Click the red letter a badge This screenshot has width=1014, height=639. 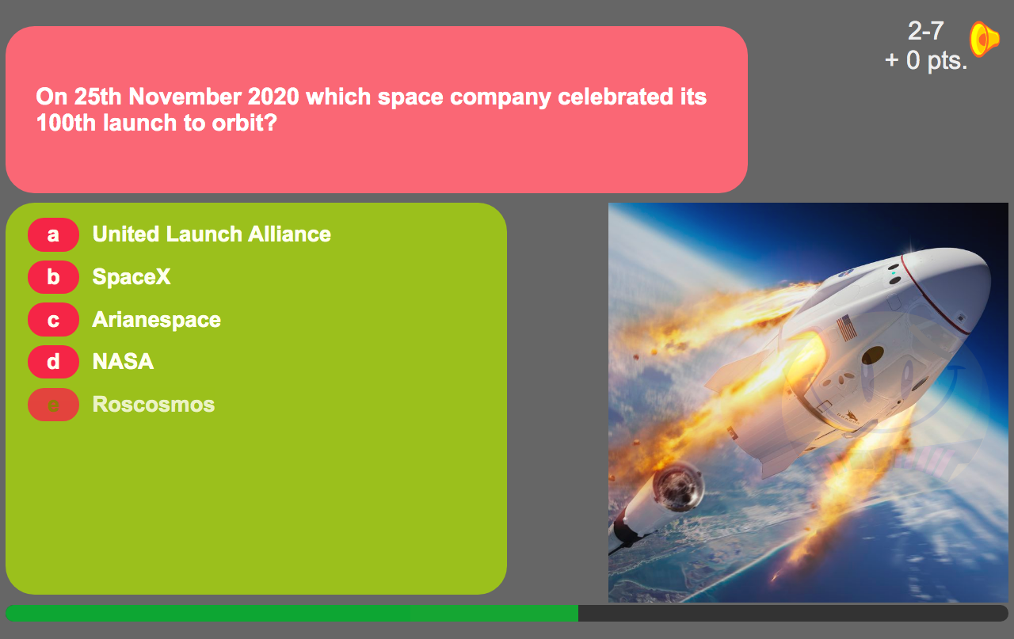pyautogui.click(x=53, y=234)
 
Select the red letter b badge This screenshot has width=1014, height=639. pyautogui.click(x=53, y=277)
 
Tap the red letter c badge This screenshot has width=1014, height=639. pyautogui.click(x=53, y=320)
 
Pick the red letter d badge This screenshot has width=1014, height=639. pyautogui.click(x=53, y=362)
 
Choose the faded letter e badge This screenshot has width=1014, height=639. pyautogui.click(x=53, y=405)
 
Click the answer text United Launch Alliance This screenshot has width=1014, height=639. pyautogui.click(x=212, y=234)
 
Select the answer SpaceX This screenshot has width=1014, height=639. pyautogui.click(x=132, y=276)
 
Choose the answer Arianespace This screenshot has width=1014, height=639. pyautogui.click(x=157, y=320)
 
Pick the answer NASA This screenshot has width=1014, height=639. pyautogui.click(x=123, y=362)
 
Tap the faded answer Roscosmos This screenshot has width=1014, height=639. pyautogui.click(x=154, y=404)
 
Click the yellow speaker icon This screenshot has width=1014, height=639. pyautogui.click(x=984, y=39)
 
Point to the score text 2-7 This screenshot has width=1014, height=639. pyautogui.click(x=926, y=31)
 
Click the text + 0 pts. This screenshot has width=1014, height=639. pyautogui.click(x=926, y=60)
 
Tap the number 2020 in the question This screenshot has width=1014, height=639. pyautogui.click(x=273, y=97)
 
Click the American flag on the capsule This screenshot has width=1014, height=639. pyautogui.click(x=846, y=328)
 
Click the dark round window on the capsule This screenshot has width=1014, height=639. pyautogui.click(x=873, y=356)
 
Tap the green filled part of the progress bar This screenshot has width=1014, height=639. pyautogui.click(x=292, y=613)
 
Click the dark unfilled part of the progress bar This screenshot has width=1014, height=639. pyautogui.click(x=794, y=613)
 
